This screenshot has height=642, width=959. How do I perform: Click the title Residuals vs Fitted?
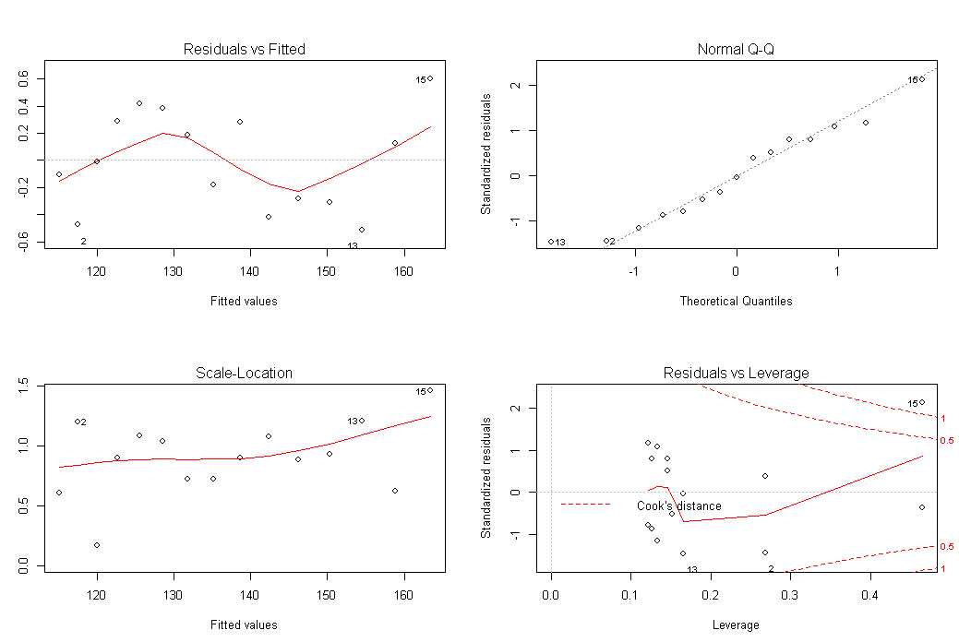245,49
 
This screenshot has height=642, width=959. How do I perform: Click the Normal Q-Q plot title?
736,49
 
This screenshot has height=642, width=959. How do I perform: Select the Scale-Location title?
245,374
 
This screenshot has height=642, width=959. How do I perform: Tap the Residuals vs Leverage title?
736,374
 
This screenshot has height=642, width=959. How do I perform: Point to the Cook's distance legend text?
679,506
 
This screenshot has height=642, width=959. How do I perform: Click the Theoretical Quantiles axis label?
736,301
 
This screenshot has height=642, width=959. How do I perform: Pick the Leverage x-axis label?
736,625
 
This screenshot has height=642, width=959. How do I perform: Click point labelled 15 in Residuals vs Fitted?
430,78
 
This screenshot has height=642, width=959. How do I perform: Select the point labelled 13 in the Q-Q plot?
551,242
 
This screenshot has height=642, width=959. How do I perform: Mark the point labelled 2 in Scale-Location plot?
77,422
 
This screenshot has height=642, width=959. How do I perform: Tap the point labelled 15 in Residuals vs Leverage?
921,402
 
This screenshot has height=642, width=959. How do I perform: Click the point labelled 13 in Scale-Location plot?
362,421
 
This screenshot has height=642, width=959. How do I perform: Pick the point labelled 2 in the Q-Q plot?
606,241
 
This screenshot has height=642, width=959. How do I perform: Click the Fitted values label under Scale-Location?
245,625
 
